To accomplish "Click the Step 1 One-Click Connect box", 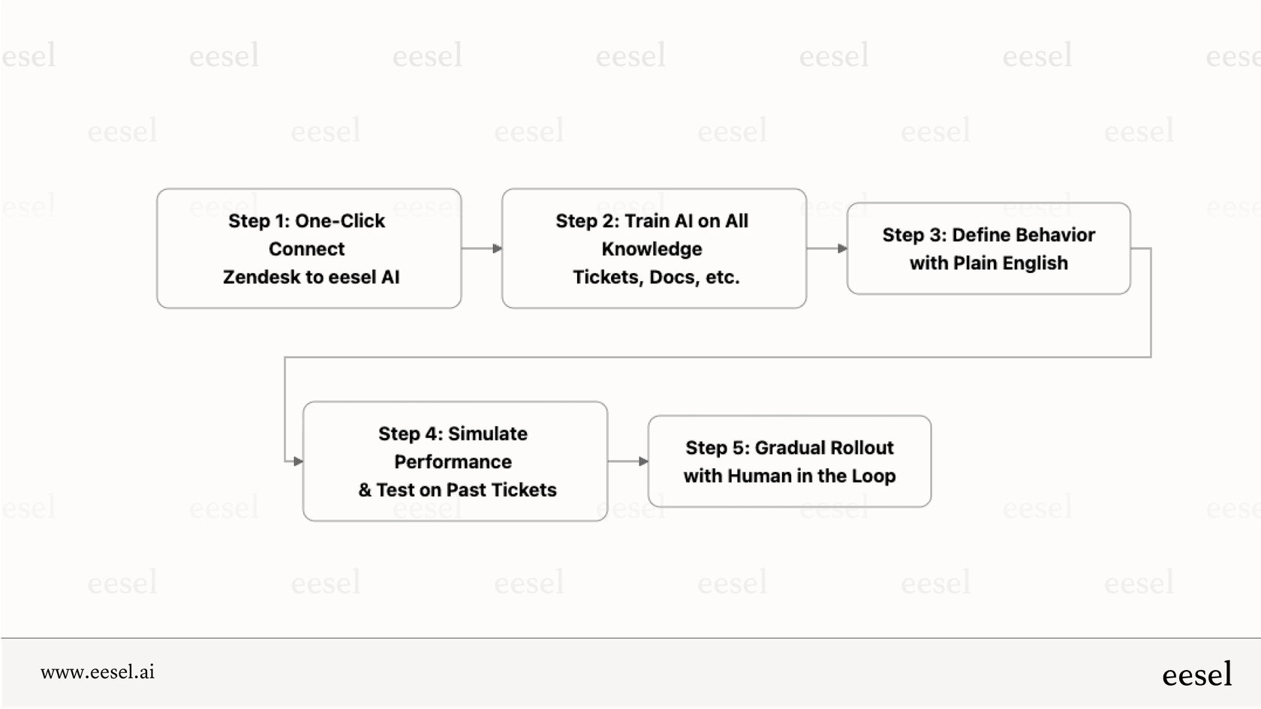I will click(308, 248).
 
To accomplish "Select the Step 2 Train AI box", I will click(654, 248).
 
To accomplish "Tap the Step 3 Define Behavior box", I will click(988, 248).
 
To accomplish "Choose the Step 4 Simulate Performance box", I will click(455, 461).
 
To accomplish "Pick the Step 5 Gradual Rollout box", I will click(789, 461).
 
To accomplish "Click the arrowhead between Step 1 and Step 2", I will click(497, 248).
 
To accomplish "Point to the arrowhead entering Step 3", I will click(842, 248).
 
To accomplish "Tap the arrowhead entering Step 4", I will click(298, 461).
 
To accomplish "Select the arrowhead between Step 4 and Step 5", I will click(643, 461).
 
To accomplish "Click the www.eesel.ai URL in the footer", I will click(98, 672).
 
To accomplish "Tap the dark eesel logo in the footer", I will click(1196, 674).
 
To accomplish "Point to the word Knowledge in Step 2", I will click(652, 249).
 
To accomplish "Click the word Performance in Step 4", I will click(453, 462).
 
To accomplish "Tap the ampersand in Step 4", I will click(365, 490).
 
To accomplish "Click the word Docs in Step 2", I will click(673, 278).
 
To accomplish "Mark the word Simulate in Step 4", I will click(487, 434).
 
